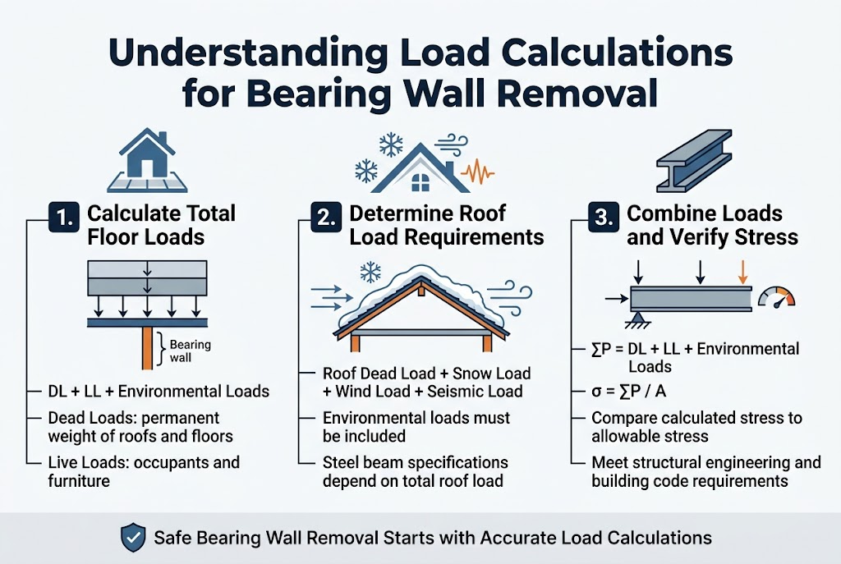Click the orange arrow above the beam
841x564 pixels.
pyautogui.click(x=742, y=271)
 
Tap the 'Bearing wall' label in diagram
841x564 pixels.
pyautogui.click(x=191, y=351)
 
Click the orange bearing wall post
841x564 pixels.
pyautogui.click(x=145, y=349)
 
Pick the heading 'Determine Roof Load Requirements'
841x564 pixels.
pyautogui.click(x=446, y=225)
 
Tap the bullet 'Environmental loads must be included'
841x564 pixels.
pyautogui.click(x=416, y=427)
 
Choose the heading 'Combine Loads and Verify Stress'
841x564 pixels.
pyautogui.click(x=712, y=225)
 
